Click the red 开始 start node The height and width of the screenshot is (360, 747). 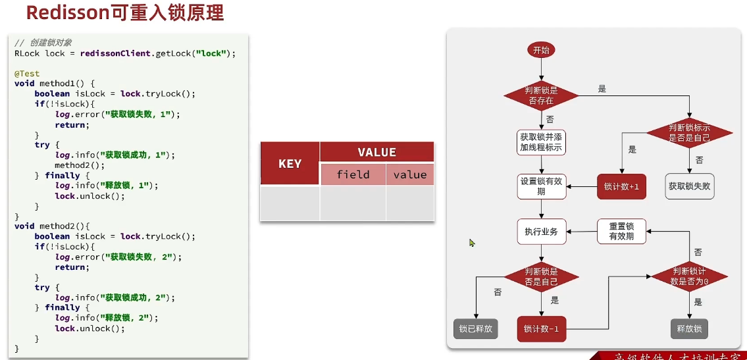541,50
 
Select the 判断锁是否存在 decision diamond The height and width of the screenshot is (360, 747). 541,95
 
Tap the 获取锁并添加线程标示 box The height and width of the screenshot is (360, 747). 542,141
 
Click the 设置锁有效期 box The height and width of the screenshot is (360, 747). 542,186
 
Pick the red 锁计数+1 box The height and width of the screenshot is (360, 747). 621,186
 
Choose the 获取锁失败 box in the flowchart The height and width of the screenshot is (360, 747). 690,186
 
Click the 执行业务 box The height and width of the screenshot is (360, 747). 542,232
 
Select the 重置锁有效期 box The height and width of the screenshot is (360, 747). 621,231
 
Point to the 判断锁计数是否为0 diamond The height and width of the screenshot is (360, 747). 690,276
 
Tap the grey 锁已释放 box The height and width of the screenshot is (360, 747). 475,328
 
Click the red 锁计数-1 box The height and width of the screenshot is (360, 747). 542,328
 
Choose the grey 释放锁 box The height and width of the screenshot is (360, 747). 689,328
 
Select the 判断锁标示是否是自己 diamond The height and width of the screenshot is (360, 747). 689,132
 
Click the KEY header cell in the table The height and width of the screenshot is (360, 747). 290,163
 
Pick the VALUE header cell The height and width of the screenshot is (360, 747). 376,152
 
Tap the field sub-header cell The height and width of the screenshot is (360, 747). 353,174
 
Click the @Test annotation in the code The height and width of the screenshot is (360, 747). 27,74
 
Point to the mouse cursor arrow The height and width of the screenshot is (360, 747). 471,242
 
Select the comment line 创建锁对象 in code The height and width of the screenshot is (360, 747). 43,43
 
